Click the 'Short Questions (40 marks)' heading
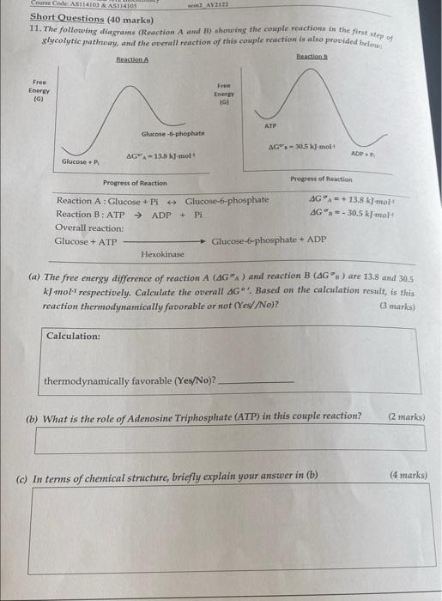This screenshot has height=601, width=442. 76,17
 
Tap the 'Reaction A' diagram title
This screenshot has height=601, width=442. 132,59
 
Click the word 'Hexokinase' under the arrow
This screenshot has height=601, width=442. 162,255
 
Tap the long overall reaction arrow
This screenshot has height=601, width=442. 163,242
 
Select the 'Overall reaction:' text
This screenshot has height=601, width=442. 89,228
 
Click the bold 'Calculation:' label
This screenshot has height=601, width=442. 73,336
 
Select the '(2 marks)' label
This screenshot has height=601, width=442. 405,417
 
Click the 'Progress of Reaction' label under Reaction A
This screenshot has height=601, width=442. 135,183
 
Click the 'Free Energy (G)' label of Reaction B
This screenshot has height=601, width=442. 225,93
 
